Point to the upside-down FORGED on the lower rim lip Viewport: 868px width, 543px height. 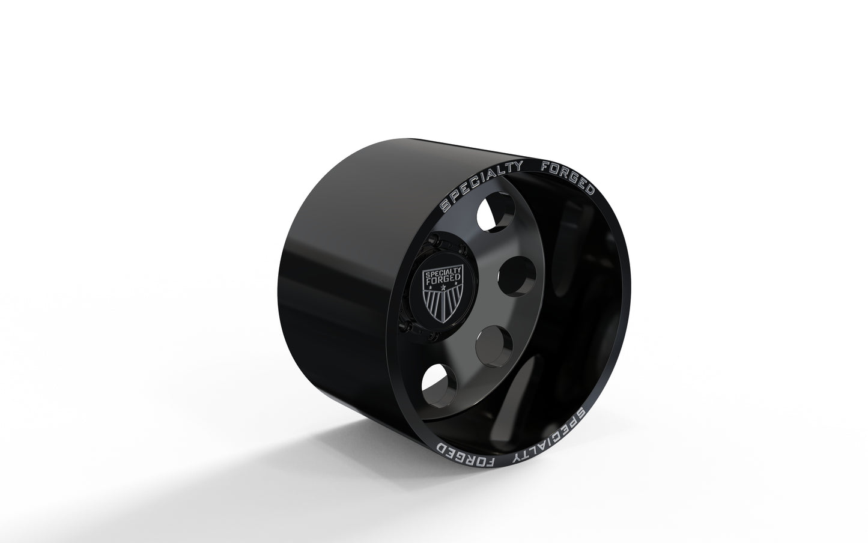tap(466, 457)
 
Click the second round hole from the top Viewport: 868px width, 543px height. tap(511, 274)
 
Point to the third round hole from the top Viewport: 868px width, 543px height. tap(492, 341)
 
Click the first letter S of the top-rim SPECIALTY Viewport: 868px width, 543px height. tap(445, 206)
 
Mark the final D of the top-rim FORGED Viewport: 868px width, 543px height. tap(590, 190)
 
